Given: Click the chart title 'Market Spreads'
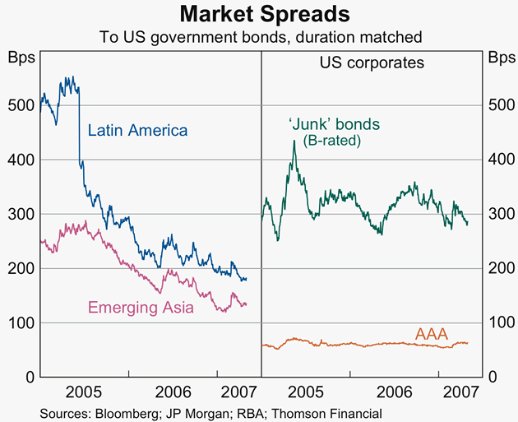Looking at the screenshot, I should click(x=259, y=14).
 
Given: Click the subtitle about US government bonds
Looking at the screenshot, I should click(x=259, y=36).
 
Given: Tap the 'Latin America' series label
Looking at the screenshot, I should click(x=137, y=130).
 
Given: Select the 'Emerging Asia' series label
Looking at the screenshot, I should click(x=141, y=308).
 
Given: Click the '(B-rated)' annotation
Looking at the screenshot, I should click(x=332, y=141).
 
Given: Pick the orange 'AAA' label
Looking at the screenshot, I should click(x=431, y=334).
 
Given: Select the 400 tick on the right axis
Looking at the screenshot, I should click(x=498, y=160).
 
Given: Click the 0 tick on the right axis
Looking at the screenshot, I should click(x=493, y=377).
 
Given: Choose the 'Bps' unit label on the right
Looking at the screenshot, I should click(x=498, y=58).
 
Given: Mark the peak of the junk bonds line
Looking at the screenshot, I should click(x=294, y=141).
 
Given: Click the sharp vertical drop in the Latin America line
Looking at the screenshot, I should click(x=79, y=123).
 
